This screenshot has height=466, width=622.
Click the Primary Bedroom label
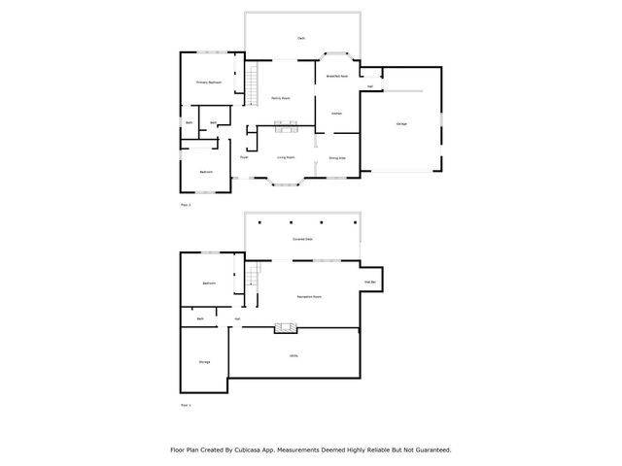pos(209,83)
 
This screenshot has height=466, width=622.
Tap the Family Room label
pos(281,98)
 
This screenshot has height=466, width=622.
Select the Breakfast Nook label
pos(336,76)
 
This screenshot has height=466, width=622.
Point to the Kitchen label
pos(336,114)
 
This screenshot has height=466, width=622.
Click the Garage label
pos(401,123)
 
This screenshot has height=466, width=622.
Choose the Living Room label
pos(286,156)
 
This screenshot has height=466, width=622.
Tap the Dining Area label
pos(336,157)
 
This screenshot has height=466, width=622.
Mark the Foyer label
pos(244,156)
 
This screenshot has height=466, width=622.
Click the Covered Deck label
pos(302,238)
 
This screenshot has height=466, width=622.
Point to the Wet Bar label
pos(370,282)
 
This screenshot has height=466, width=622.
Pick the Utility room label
pos(294,355)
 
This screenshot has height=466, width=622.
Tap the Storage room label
pos(204,362)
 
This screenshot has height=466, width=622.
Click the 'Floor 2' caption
pos(187,206)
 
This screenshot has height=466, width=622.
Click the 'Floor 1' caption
pos(187,404)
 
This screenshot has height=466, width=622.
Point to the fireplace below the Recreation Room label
pos(285,327)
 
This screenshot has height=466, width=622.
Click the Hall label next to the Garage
pos(370,86)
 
